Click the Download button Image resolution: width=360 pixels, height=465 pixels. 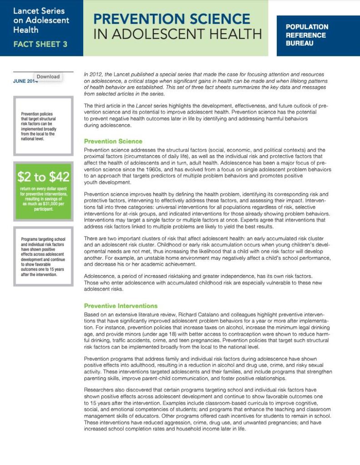pyautogui.click(x=48, y=77)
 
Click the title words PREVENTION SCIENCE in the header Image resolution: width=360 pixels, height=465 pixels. pyautogui.click(x=171, y=19)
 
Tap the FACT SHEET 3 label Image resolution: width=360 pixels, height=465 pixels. pyautogui.click(x=40, y=44)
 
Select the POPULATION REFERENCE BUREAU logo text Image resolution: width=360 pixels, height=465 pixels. pyautogui.click(x=306, y=35)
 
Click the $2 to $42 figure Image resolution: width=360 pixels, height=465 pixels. pyautogui.click(x=43, y=177)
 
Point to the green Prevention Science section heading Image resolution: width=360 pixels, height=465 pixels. pyautogui.click(x=113, y=141)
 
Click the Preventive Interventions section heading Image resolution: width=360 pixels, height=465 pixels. pyautogui.click(x=121, y=306)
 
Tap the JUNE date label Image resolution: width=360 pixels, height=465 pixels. pyautogui.click(x=23, y=81)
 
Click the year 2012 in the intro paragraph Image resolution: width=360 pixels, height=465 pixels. pyautogui.click(x=96, y=74)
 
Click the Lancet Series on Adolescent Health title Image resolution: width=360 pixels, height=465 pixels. pyautogui.click(x=41, y=20)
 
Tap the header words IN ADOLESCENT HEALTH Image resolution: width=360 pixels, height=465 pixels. pyautogui.click(x=178, y=35)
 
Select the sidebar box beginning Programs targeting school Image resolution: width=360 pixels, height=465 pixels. pyautogui.click(x=43, y=257)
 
